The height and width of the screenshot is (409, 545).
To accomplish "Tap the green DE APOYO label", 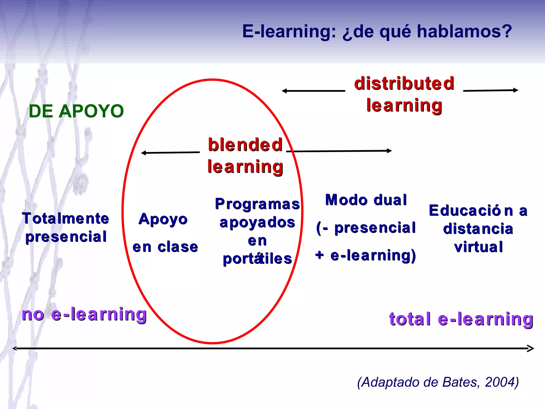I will click(76, 111).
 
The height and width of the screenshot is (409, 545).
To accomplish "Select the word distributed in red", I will click(404, 83).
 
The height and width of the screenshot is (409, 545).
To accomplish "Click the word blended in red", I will click(245, 145).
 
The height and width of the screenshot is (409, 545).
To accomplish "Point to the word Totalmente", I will click(65, 218).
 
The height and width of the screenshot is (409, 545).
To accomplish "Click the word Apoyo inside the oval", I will click(163, 219).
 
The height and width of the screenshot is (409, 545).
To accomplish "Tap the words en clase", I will click(165, 247).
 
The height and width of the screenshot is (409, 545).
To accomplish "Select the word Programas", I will click(257, 204).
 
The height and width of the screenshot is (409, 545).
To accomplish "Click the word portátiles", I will click(257, 259).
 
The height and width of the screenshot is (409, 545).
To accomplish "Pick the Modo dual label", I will click(366, 200).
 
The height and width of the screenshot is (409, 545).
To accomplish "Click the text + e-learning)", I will click(366, 255).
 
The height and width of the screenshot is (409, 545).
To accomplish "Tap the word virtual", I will click(478, 247).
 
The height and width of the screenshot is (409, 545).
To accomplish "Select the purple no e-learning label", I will click(84, 314).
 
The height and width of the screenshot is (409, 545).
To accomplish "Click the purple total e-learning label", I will click(461, 319).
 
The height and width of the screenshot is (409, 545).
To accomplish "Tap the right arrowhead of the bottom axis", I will click(531, 348).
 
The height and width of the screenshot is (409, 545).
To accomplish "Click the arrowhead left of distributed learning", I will click(284, 91).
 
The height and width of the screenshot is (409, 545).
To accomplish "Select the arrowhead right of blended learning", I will click(390, 151).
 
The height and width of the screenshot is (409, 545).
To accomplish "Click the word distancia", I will click(478, 229).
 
